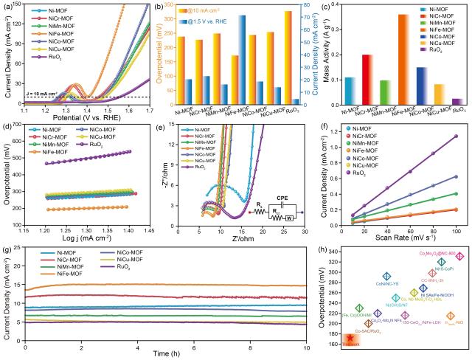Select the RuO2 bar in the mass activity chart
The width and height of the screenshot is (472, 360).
[459, 101]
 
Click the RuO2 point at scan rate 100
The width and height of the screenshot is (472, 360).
[457, 136]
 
